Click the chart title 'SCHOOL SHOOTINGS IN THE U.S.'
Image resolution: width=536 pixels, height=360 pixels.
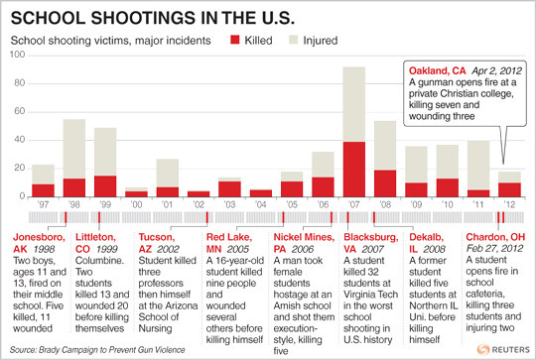(x=146, y=18)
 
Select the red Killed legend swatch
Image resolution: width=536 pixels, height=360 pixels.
(x=236, y=42)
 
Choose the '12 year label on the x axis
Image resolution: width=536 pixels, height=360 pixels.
(x=509, y=205)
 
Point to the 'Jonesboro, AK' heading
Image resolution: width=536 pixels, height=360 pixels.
(x=39, y=238)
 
